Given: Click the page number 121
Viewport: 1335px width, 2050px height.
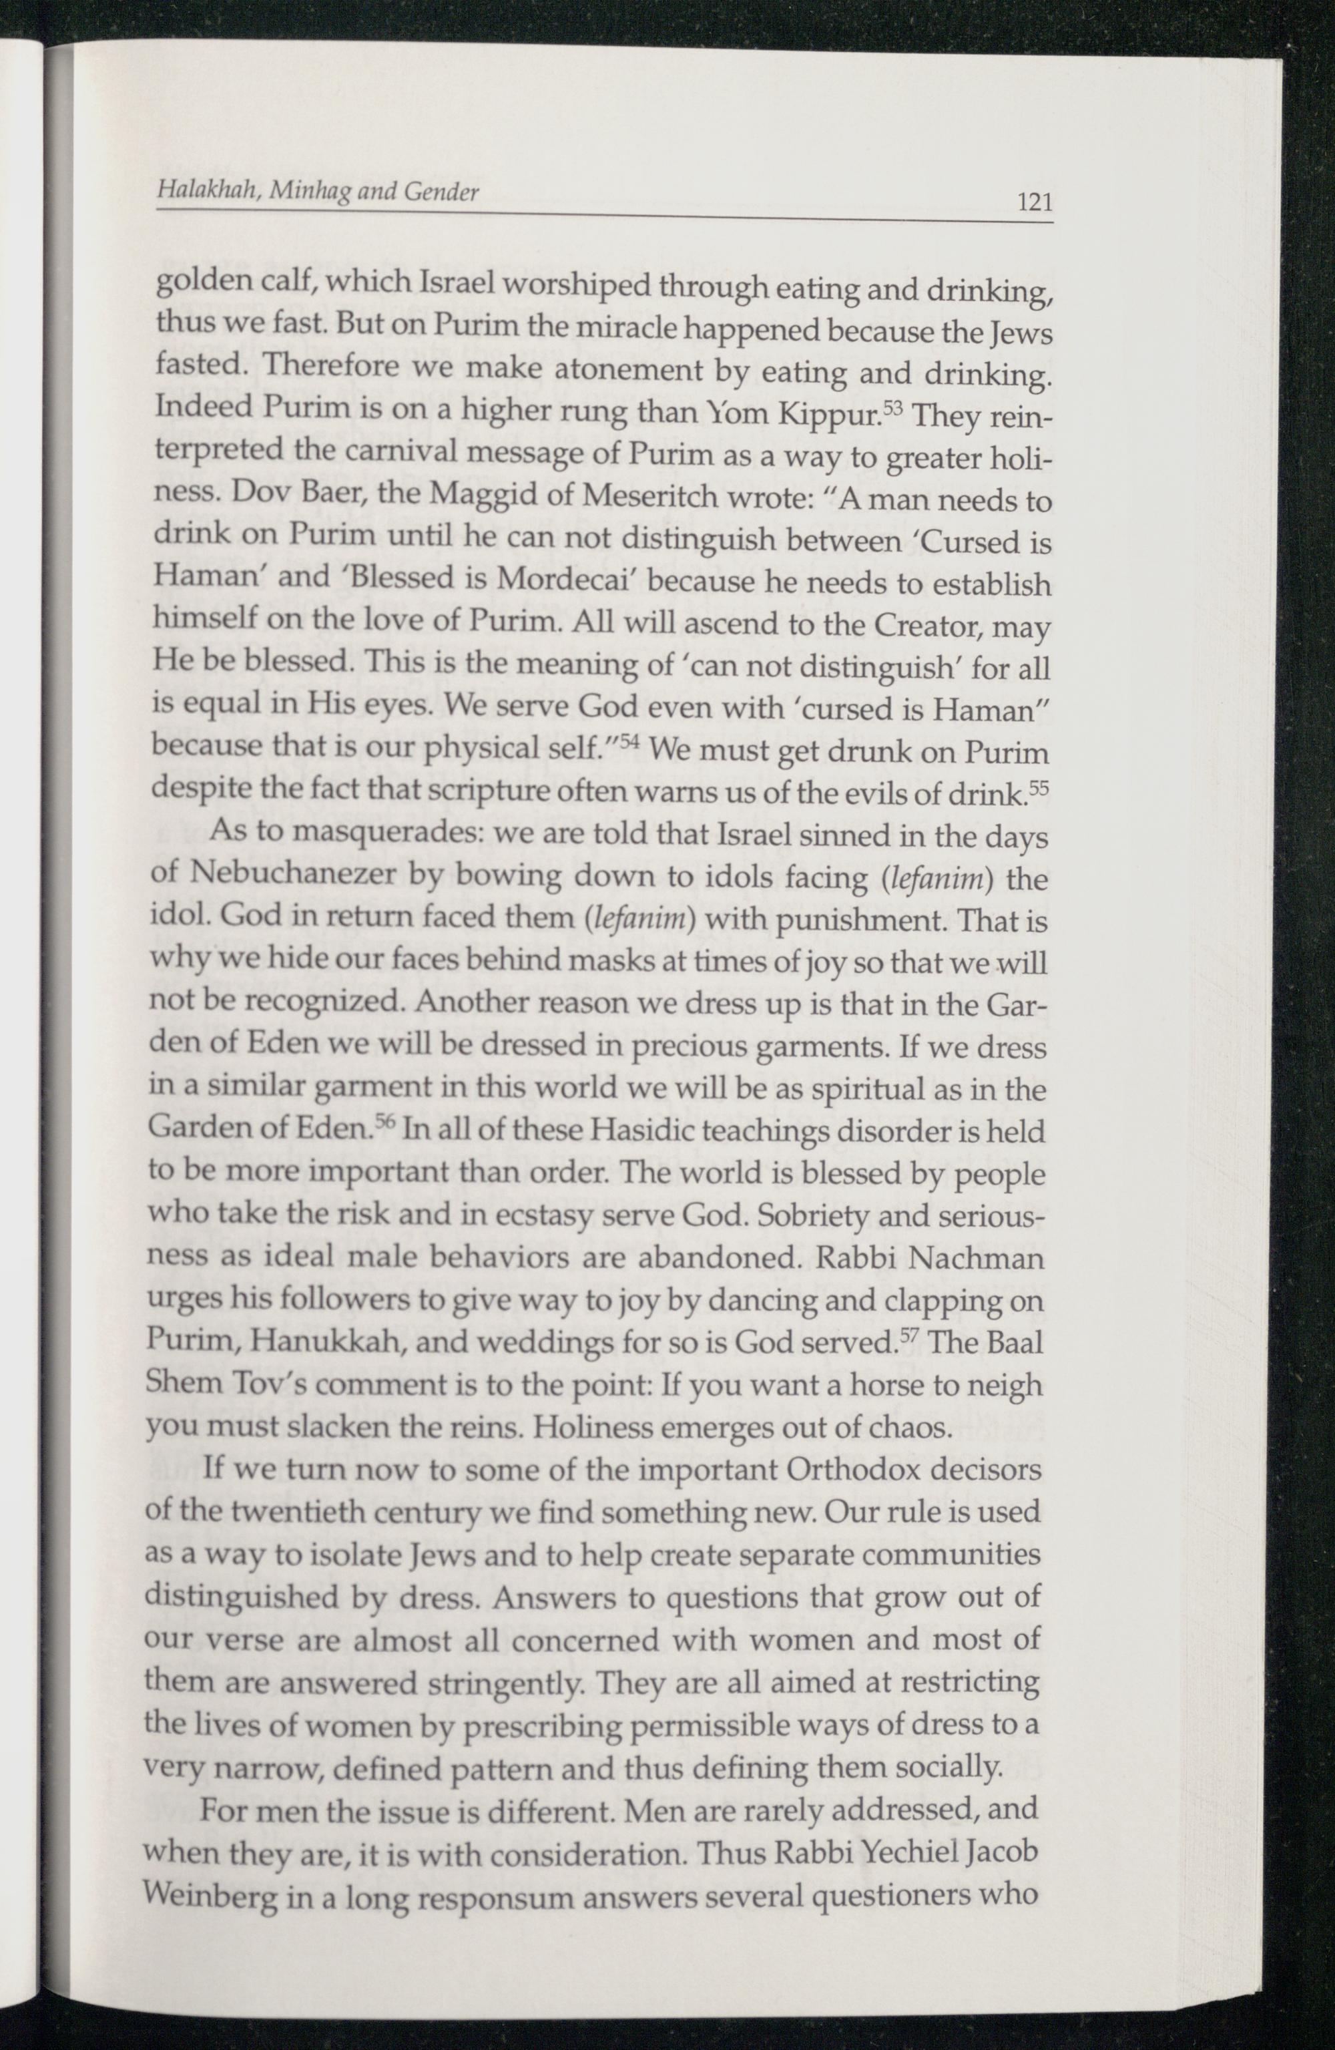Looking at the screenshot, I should [1035, 203].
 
